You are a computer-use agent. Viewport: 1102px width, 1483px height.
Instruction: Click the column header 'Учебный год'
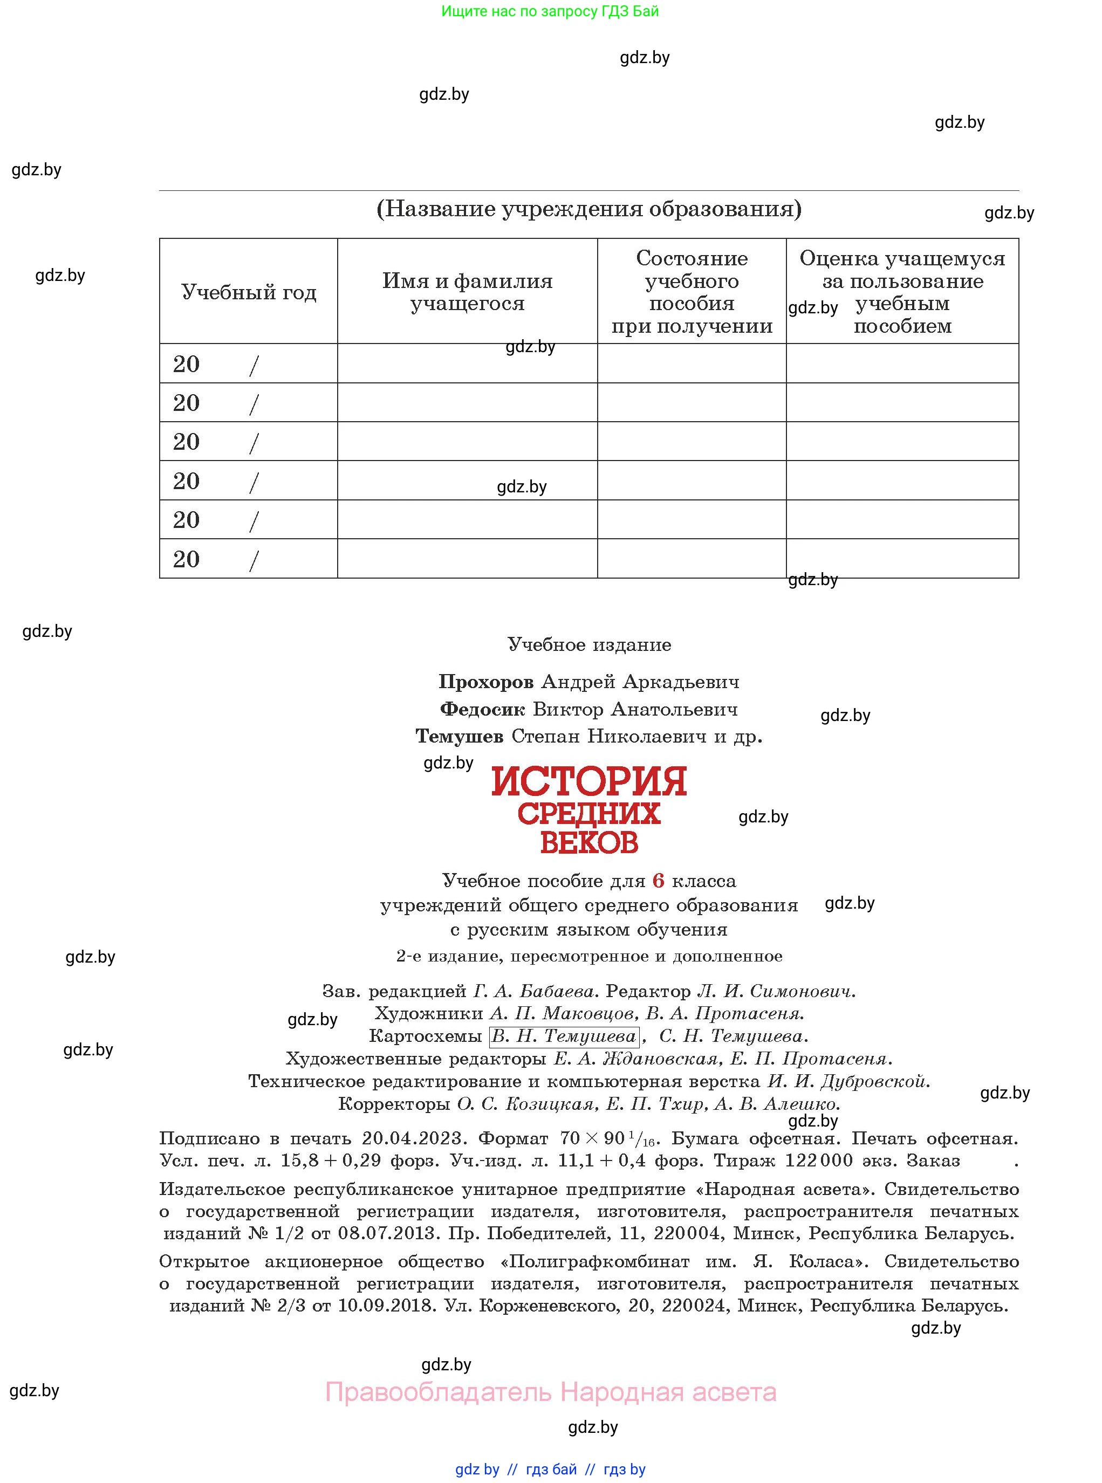248,292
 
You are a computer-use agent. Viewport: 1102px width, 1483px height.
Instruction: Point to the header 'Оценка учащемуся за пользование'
902,270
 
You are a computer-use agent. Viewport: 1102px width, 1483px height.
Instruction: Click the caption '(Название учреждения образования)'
589,209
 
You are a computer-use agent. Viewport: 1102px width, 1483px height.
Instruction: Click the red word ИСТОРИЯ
589,782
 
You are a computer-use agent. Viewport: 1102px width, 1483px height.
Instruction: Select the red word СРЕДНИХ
589,814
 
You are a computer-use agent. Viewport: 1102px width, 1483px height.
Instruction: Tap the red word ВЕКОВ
589,843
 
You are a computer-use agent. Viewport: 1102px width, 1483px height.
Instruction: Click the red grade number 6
659,881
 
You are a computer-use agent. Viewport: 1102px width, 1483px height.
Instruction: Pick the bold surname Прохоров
485,682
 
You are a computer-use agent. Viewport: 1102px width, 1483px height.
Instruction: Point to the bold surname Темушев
460,737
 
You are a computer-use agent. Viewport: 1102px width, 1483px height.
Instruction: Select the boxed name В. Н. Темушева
564,1036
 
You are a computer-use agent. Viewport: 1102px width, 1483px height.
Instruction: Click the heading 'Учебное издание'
589,645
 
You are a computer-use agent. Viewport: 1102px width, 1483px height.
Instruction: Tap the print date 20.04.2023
412,1138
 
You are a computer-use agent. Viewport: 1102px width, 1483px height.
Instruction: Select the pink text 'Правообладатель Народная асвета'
550,1392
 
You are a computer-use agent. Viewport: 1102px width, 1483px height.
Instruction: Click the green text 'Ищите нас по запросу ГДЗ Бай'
550,11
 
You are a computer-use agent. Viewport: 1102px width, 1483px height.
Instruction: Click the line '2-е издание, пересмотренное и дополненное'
589,956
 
